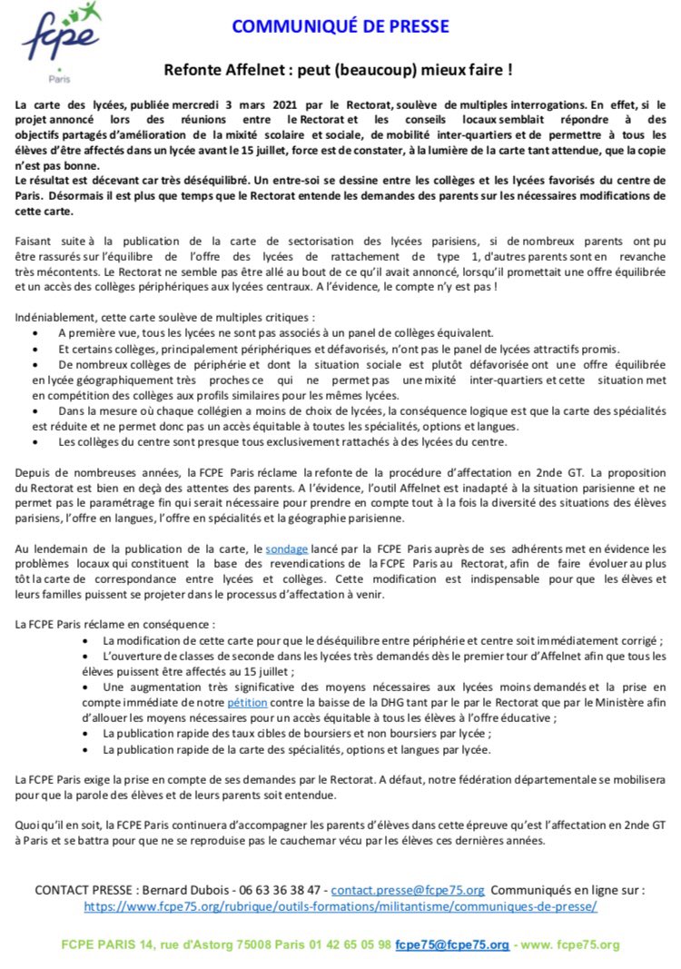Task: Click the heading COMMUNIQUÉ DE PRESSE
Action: pos(340,27)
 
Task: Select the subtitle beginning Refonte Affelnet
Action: pos(340,69)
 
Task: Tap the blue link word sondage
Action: pos(287,549)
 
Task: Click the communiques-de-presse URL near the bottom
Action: pos(340,905)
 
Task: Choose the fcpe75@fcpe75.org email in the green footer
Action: pos(452,944)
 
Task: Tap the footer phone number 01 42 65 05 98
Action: pos(350,944)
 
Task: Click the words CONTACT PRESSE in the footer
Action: pos(84,890)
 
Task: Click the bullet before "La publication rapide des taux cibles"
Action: pos(87,733)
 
